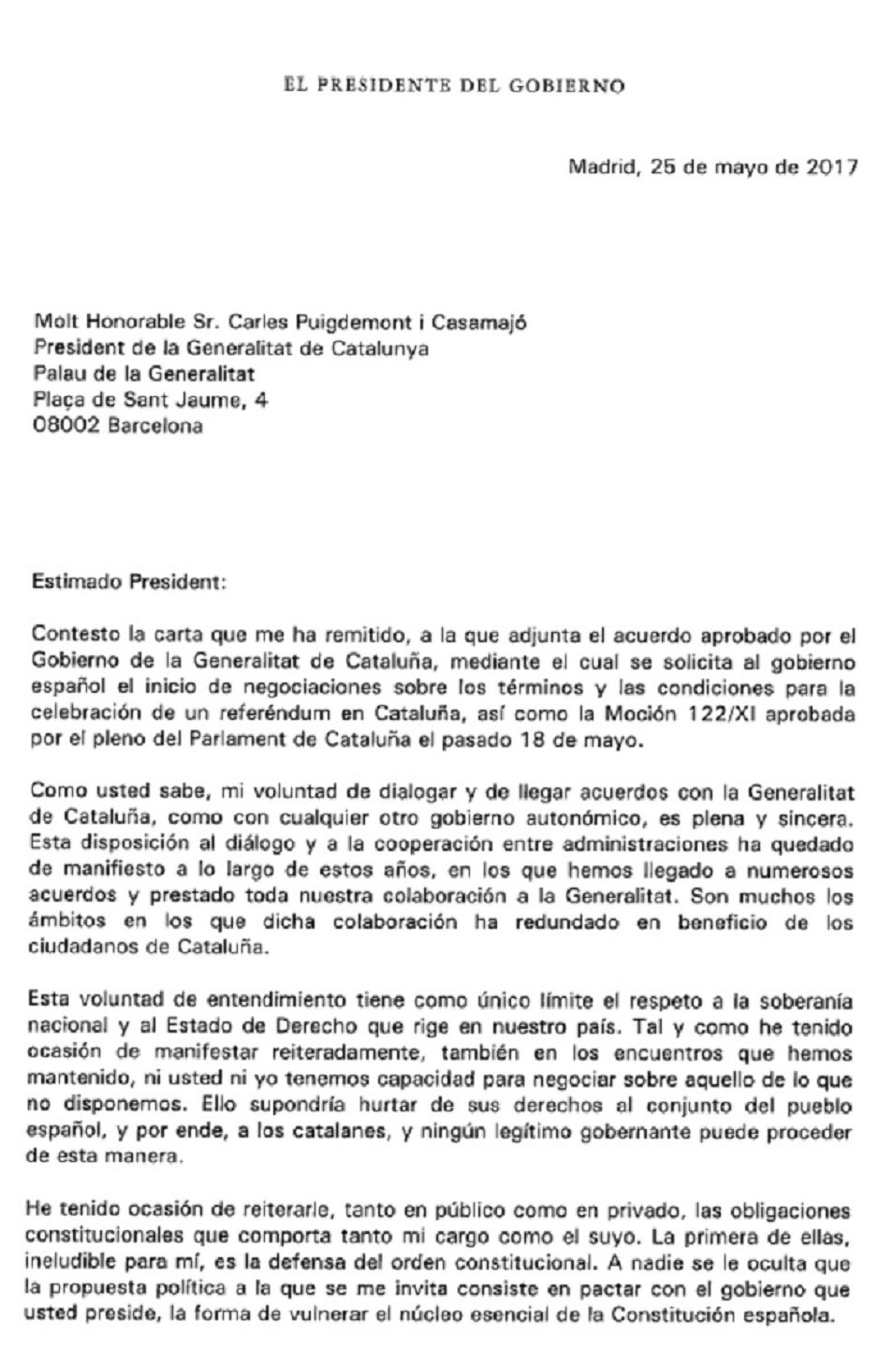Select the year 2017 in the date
pos(831,169)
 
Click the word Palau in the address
pos(57,375)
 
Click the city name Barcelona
pos(155,426)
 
